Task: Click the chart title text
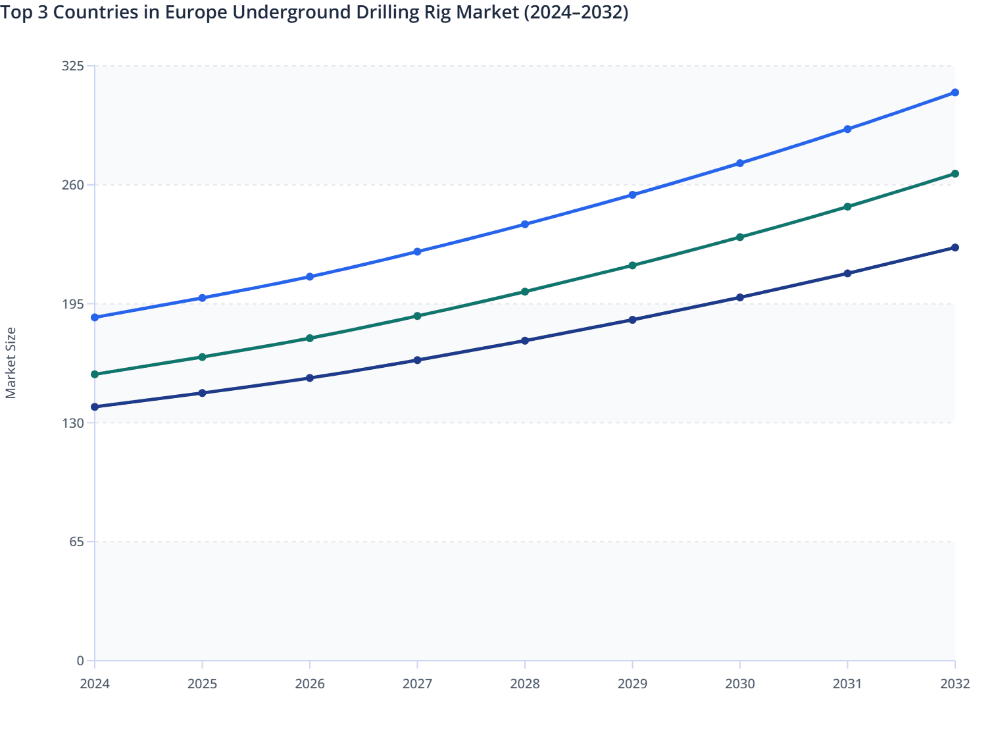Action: (314, 13)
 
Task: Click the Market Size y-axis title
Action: (11, 363)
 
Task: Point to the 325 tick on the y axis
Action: (72, 66)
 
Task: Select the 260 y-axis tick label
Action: (72, 185)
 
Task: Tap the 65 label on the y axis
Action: (76, 542)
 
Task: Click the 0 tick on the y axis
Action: (80, 661)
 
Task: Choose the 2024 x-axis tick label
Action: (95, 684)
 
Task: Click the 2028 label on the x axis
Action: (525, 684)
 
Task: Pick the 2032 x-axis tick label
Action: (955, 684)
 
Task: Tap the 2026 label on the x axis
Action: (310, 684)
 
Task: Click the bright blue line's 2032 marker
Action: (955, 93)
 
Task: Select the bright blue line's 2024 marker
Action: (95, 318)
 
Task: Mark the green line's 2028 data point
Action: (525, 292)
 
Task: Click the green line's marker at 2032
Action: (955, 174)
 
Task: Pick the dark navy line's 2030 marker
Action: (740, 297)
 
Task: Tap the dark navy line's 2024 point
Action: (95, 407)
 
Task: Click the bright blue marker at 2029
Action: (632, 195)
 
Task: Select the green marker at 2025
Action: (203, 357)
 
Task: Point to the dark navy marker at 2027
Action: (417, 360)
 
